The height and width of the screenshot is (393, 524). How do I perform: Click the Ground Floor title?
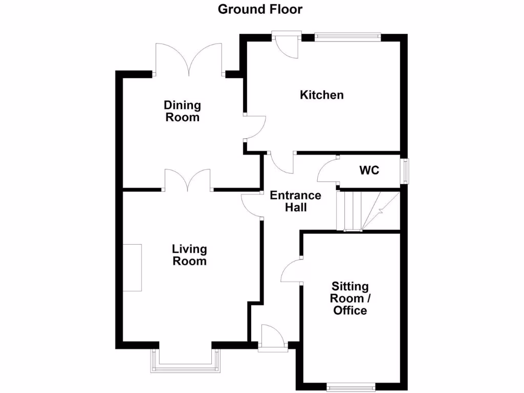click(x=260, y=9)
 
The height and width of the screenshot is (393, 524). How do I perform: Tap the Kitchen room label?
click(x=321, y=95)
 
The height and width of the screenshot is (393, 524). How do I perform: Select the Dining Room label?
click(x=182, y=111)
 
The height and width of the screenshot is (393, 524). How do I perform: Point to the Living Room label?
click(x=189, y=255)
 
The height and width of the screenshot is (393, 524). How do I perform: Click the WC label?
click(x=369, y=170)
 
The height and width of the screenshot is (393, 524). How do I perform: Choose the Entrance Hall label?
click(x=295, y=201)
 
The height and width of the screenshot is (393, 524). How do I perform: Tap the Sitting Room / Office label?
click(x=350, y=298)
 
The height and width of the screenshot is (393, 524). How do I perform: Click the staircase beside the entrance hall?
click(x=367, y=210)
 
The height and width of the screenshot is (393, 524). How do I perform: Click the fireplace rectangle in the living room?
click(x=132, y=268)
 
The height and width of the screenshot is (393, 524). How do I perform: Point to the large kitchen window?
click(x=348, y=37)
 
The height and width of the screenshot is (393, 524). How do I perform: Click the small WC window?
click(x=405, y=170)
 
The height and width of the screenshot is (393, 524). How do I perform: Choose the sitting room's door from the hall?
click(x=291, y=270)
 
